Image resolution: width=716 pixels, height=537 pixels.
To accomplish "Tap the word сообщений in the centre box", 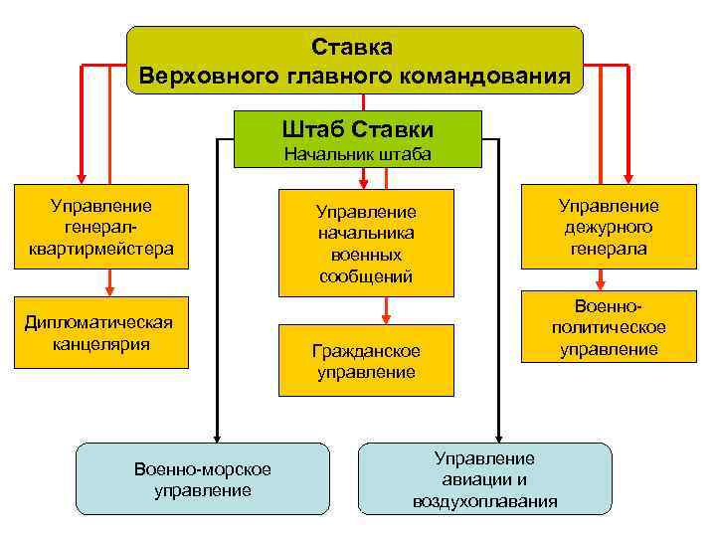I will (366, 275).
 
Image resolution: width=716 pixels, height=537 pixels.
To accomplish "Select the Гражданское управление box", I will (366, 361).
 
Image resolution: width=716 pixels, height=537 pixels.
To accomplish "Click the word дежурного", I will (609, 227).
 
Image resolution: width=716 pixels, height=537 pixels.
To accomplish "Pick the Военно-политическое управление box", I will (609, 327).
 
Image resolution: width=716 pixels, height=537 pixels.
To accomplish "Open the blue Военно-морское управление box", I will (203, 478).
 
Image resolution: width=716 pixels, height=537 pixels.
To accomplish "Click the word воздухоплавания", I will (485, 500).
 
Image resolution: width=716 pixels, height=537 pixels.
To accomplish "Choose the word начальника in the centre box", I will (366, 233).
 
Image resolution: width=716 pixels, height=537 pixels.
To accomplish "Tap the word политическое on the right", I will (609, 327).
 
